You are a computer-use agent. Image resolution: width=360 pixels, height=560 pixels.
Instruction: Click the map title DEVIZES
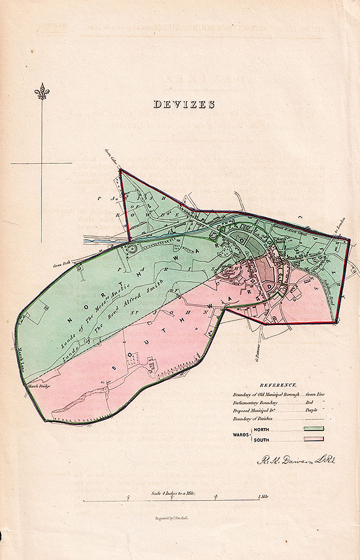184,104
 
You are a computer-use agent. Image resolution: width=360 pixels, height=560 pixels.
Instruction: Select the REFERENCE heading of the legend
278,384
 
